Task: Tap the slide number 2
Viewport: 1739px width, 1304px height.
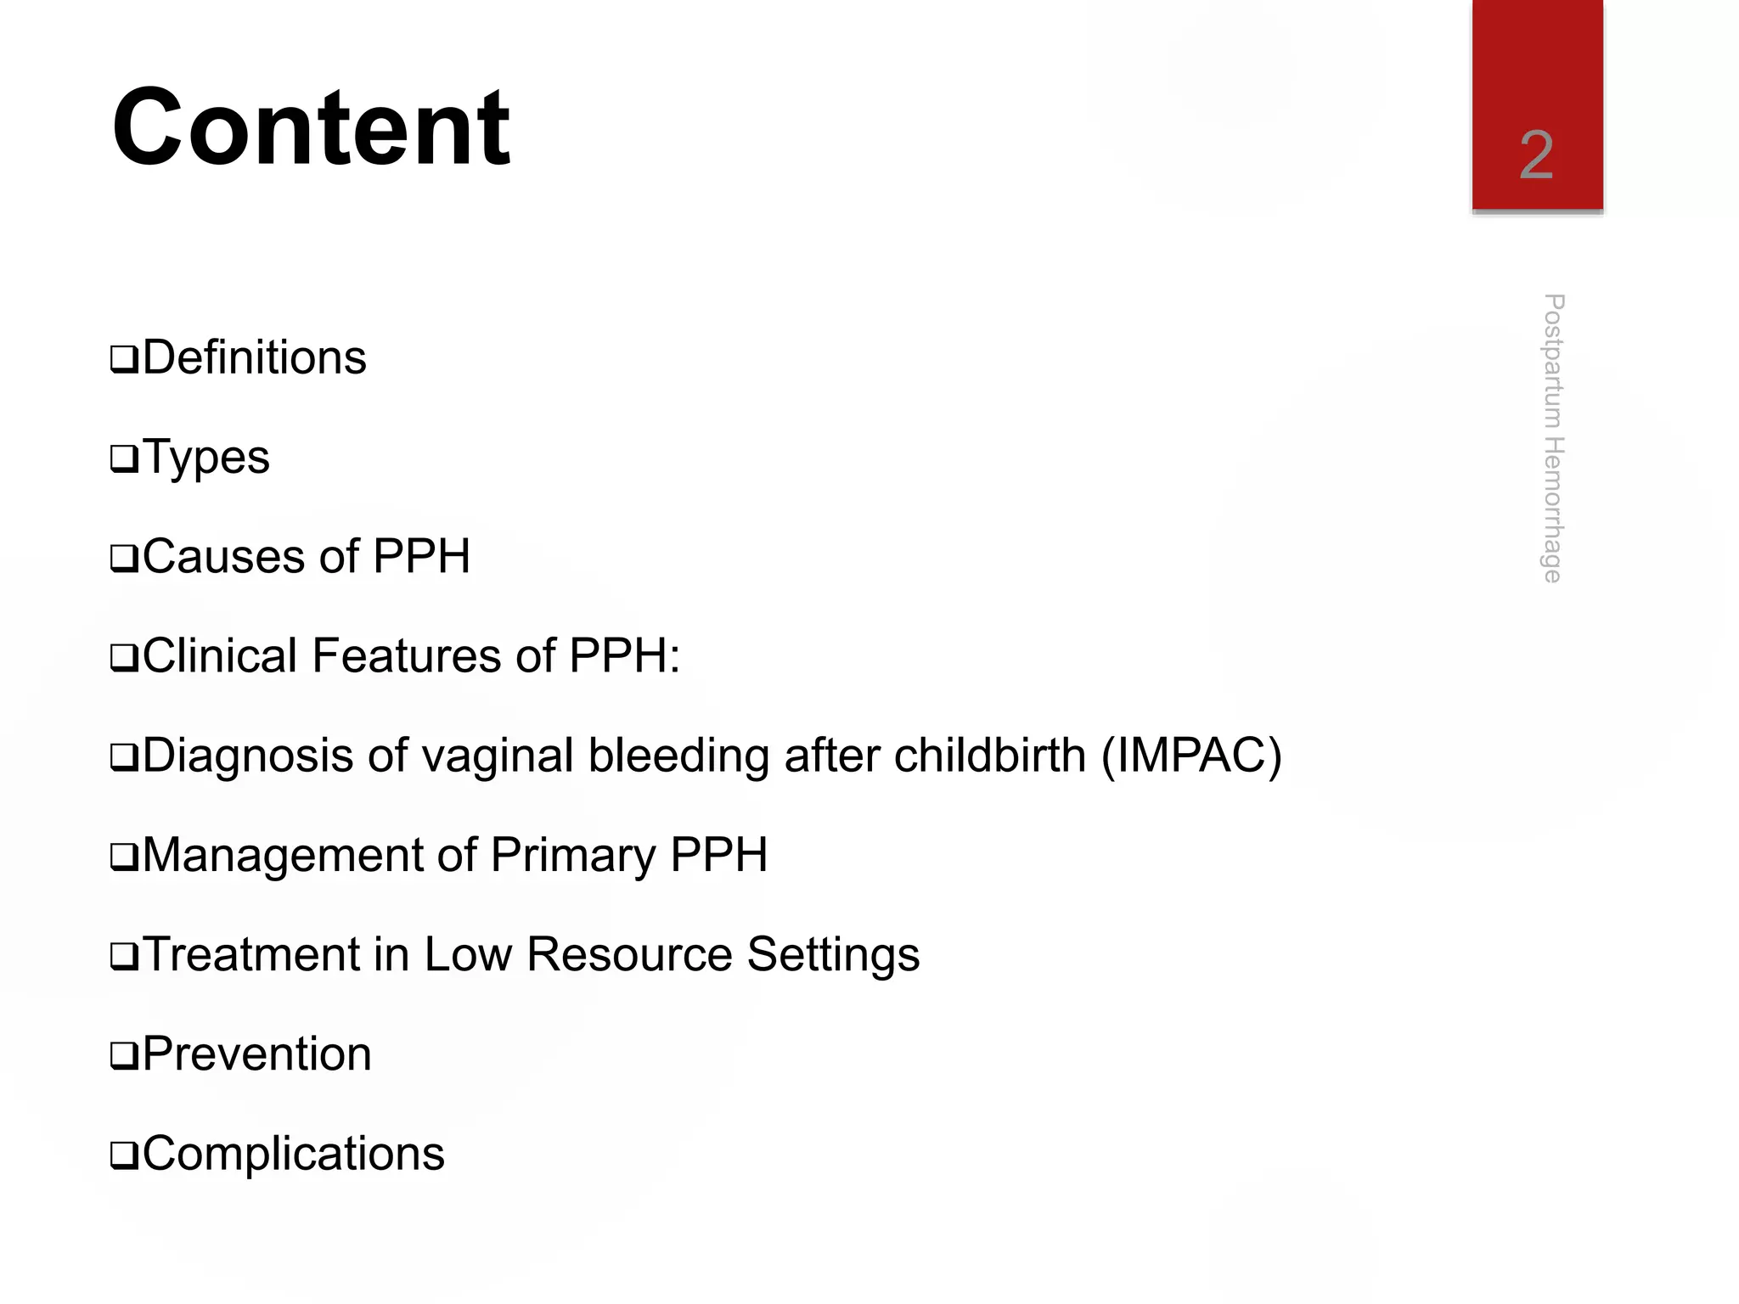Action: pyautogui.click(x=1536, y=155)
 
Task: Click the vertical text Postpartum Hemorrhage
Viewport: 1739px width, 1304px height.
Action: pyautogui.click(x=1553, y=438)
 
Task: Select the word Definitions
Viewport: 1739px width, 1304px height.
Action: pyautogui.click(x=255, y=357)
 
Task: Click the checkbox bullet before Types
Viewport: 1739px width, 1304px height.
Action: pyautogui.click(x=124, y=459)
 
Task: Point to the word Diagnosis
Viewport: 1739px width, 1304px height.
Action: pyautogui.click(x=247, y=756)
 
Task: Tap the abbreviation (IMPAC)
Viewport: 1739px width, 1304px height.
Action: pyautogui.click(x=1191, y=756)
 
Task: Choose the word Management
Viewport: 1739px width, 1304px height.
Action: pyautogui.click(x=283, y=855)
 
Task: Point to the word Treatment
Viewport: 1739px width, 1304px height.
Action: pyautogui.click(x=250, y=954)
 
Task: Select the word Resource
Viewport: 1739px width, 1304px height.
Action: pyautogui.click(x=629, y=954)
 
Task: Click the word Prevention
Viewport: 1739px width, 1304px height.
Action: pyautogui.click(x=257, y=1054)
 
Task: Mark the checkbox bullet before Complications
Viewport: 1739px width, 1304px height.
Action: pyautogui.click(x=124, y=1155)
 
